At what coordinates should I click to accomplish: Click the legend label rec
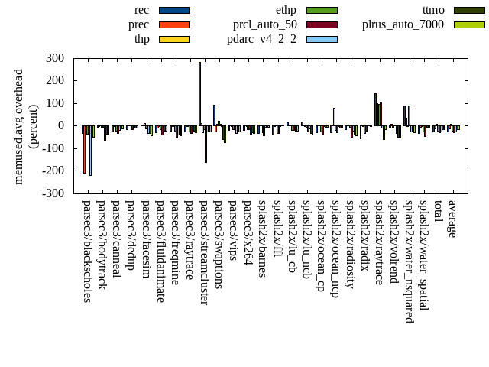coord(141,10)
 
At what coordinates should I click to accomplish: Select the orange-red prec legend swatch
coord(174,24)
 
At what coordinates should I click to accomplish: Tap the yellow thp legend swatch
coord(174,39)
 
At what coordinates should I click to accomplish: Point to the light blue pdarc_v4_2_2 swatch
coord(322,39)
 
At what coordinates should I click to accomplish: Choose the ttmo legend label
coord(433,10)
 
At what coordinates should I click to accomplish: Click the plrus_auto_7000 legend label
coord(403,24)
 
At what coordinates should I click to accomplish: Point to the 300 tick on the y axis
coord(55,58)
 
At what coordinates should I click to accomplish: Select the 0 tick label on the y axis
coord(60,126)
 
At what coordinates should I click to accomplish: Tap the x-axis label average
coord(452,219)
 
